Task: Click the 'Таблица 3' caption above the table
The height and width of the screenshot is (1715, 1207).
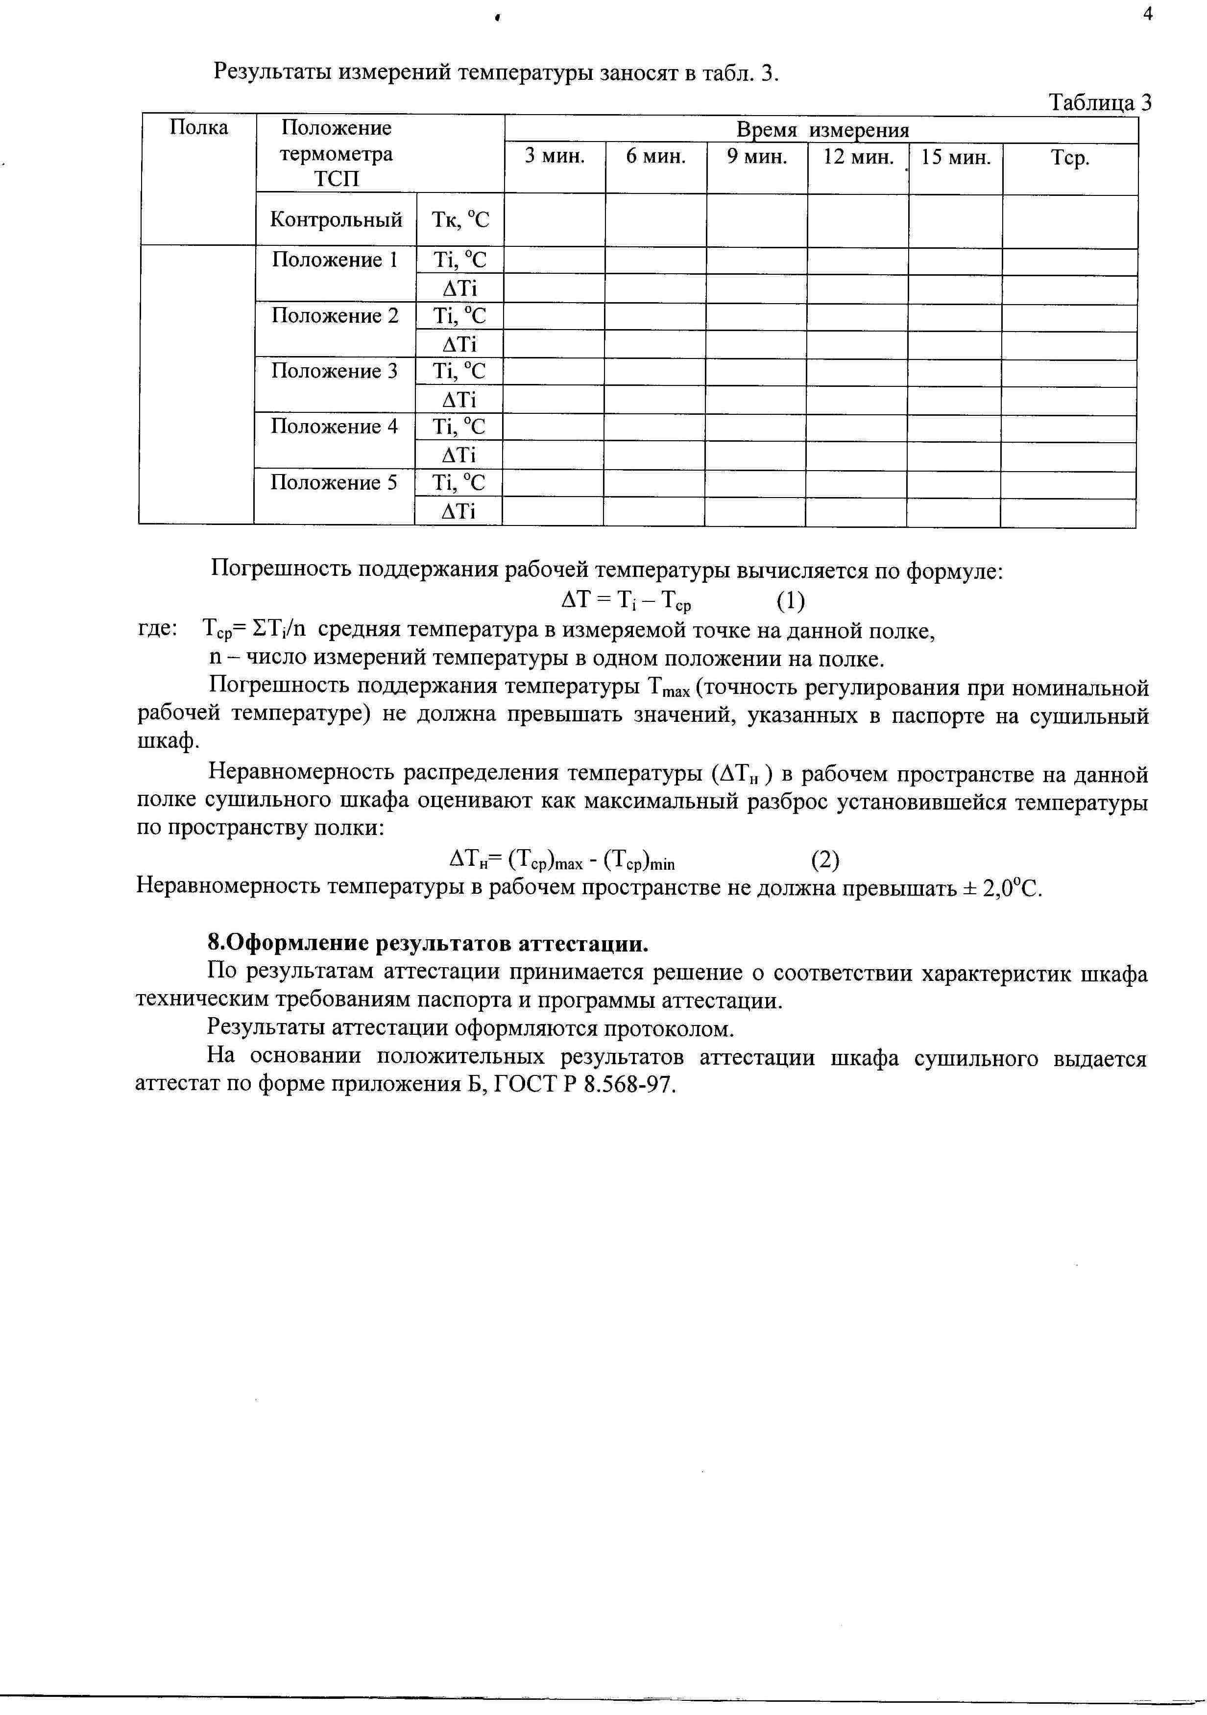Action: [x=1100, y=102]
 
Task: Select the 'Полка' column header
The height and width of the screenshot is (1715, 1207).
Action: [x=199, y=128]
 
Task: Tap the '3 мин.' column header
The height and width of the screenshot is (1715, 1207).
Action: [x=555, y=157]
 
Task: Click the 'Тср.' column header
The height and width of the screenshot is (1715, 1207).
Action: [x=1070, y=158]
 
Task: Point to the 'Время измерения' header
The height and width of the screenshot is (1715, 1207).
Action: [x=822, y=130]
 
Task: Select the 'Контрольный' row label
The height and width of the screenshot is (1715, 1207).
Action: [x=336, y=219]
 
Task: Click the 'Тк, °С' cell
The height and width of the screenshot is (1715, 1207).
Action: [x=460, y=219]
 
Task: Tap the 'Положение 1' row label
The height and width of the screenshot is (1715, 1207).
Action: [x=335, y=260]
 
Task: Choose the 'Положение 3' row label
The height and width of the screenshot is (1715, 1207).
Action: [x=335, y=371]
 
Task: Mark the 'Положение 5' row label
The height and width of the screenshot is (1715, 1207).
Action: [x=334, y=482]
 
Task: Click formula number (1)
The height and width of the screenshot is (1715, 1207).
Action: [x=790, y=600]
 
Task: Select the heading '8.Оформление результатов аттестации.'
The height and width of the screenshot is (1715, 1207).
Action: [x=428, y=944]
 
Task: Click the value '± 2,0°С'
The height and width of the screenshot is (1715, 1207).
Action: [x=1002, y=889]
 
